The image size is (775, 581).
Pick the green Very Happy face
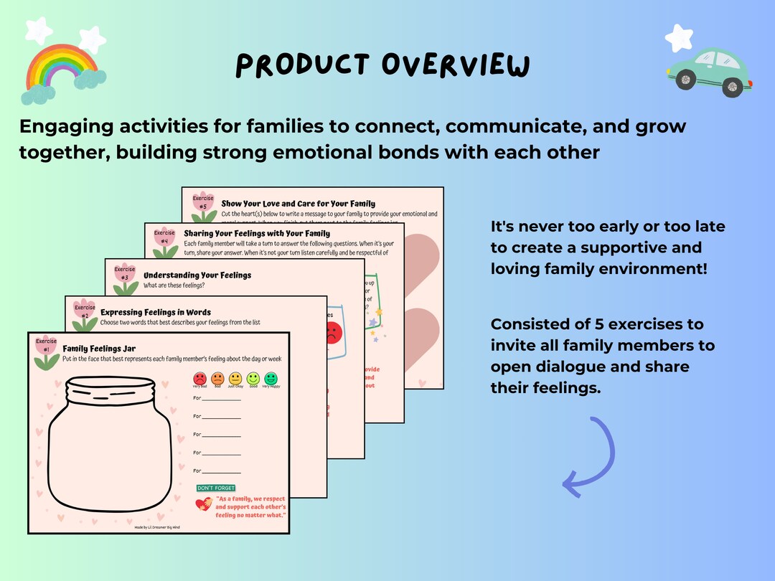click(x=271, y=377)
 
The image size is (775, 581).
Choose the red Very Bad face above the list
click(x=199, y=377)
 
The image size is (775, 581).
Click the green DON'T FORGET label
click(x=215, y=488)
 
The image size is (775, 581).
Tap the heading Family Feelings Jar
click(x=99, y=349)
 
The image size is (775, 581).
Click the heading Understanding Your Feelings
click(x=197, y=275)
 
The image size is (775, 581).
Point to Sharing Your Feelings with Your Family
click(x=257, y=233)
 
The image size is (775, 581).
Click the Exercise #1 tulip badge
click(x=46, y=349)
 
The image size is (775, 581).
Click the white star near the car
click(x=678, y=37)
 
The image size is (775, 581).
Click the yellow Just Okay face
click(x=235, y=377)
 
